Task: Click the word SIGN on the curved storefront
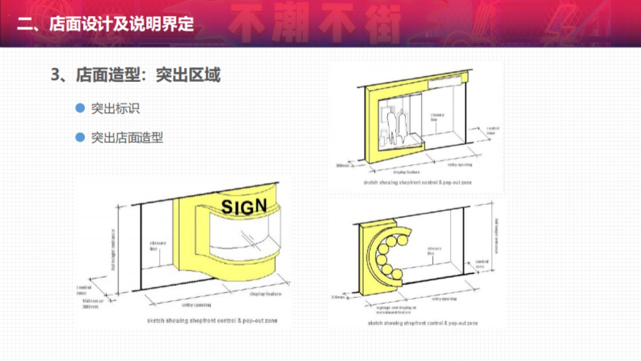(244, 206)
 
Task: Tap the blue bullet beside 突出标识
(80, 108)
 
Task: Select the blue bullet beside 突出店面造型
(80, 137)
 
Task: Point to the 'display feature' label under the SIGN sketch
(265, 294)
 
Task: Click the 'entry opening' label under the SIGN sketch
(196, 305)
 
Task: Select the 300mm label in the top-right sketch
(341, 166)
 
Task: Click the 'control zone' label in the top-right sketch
(493, 130)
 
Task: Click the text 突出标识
(115, 108)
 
